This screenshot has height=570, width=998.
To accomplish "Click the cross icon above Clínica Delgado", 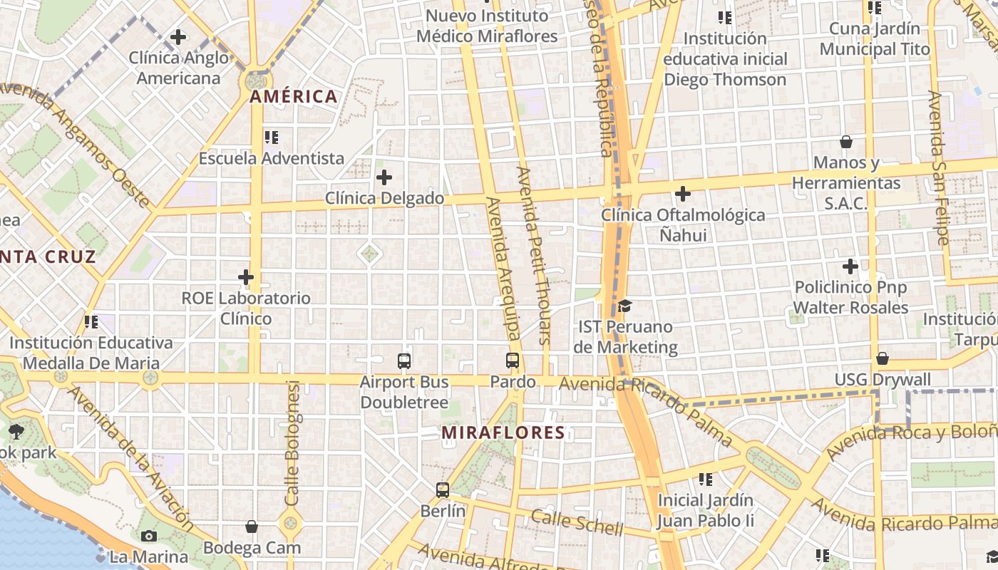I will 384,177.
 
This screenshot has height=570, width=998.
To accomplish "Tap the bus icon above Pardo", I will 513,361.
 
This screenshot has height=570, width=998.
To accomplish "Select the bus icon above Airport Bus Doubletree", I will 404,361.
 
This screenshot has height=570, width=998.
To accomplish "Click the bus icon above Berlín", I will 443,490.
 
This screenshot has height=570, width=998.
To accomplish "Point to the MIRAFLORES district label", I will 503,432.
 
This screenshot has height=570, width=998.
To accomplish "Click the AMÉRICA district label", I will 294,97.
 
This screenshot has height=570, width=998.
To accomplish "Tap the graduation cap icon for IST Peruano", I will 625,306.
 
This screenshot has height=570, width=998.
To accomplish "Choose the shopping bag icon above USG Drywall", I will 883,358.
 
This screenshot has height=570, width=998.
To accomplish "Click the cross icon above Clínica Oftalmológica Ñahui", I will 683,193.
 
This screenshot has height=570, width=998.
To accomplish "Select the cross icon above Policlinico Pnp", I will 850,267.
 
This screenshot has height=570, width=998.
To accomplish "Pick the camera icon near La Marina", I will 149,536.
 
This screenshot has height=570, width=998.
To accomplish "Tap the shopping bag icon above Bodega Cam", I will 252,527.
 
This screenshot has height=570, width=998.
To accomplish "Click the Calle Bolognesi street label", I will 292,443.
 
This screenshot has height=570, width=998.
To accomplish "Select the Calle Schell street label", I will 577,523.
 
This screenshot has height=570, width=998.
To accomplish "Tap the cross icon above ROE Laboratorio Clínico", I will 246,276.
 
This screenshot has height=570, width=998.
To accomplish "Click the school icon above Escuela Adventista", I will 271,137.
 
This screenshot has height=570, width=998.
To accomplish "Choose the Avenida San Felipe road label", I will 939,168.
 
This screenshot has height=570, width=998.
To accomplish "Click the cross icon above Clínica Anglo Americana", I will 178,36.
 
